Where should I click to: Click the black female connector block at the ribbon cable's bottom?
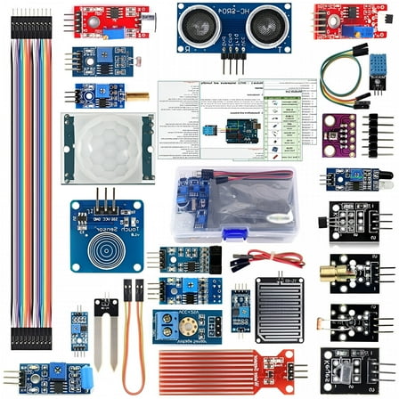point(36,338)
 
